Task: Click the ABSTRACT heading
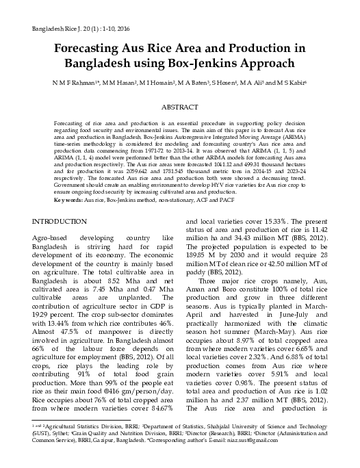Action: coord(180,108)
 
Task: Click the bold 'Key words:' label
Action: coord(69,199)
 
